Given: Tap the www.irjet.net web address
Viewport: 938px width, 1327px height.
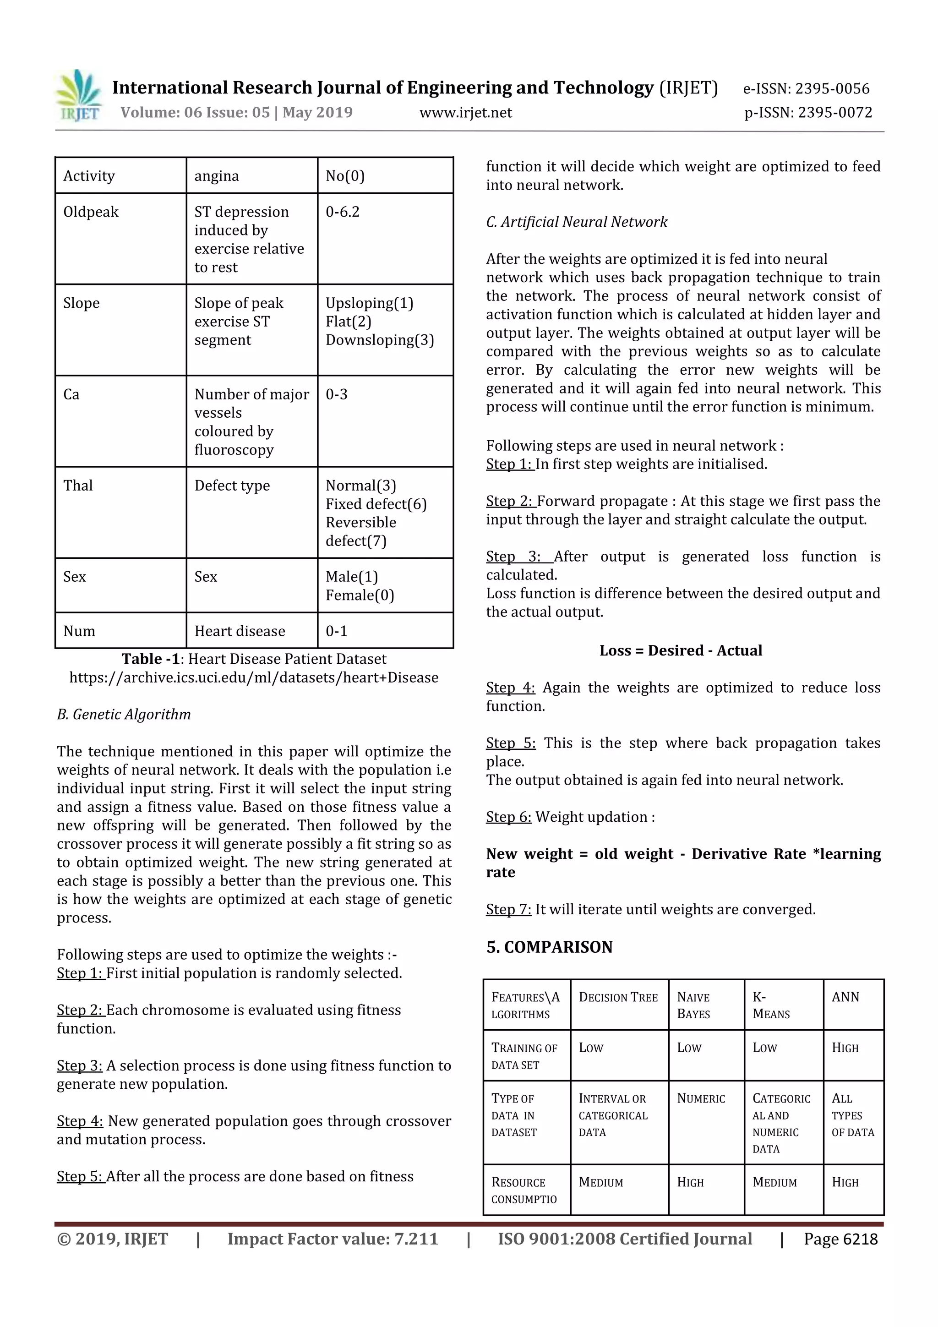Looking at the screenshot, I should [x=465, y=113].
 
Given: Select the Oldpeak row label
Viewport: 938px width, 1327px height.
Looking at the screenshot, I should [x=91, y=212].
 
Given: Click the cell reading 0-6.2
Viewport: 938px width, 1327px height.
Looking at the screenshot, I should [x=342, y=212].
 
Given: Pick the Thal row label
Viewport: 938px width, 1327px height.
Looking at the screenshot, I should [x=78, y=486].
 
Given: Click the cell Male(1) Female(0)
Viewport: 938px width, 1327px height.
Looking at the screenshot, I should [x=360, y=585].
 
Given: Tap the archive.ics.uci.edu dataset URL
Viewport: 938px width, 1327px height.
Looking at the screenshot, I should [x=254, y=677].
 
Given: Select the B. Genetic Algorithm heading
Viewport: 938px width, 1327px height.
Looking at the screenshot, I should [x=124, y=715].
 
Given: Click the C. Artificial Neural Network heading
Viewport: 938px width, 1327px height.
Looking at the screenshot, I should [x=576, y=222].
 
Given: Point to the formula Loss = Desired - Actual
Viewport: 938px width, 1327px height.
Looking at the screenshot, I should [x=680, y=651].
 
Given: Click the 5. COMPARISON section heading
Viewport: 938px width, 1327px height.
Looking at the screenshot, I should [x=549, y=947].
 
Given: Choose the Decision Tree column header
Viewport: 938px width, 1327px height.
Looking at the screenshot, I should [x=618, y=998].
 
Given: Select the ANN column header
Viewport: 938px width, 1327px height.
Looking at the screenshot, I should [x=845, y=997].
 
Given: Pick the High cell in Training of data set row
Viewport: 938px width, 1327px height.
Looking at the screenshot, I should [x=845, y=1048].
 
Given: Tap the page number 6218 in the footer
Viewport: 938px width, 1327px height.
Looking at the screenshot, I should [x=840, y=1239].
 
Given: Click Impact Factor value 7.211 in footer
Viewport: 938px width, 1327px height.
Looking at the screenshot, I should [x=333, y=1239].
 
